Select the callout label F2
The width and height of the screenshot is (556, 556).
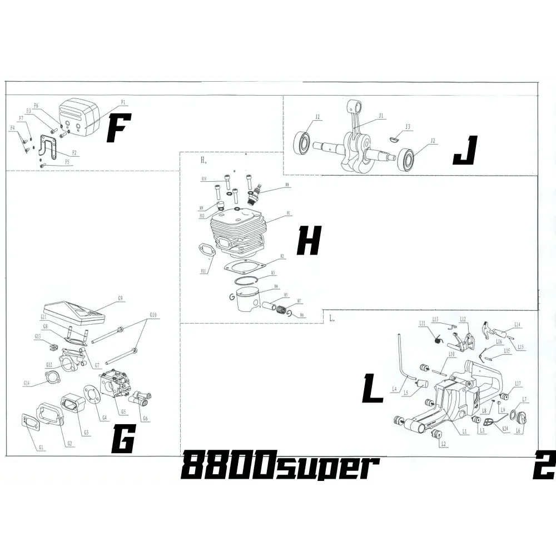coord(75,153)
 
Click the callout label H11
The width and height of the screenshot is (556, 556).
coord(204,271)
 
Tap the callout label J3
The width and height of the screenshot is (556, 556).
coord(408,127)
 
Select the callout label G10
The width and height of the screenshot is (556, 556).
coord(153,315)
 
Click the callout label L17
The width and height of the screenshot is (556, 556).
coord(518,383)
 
